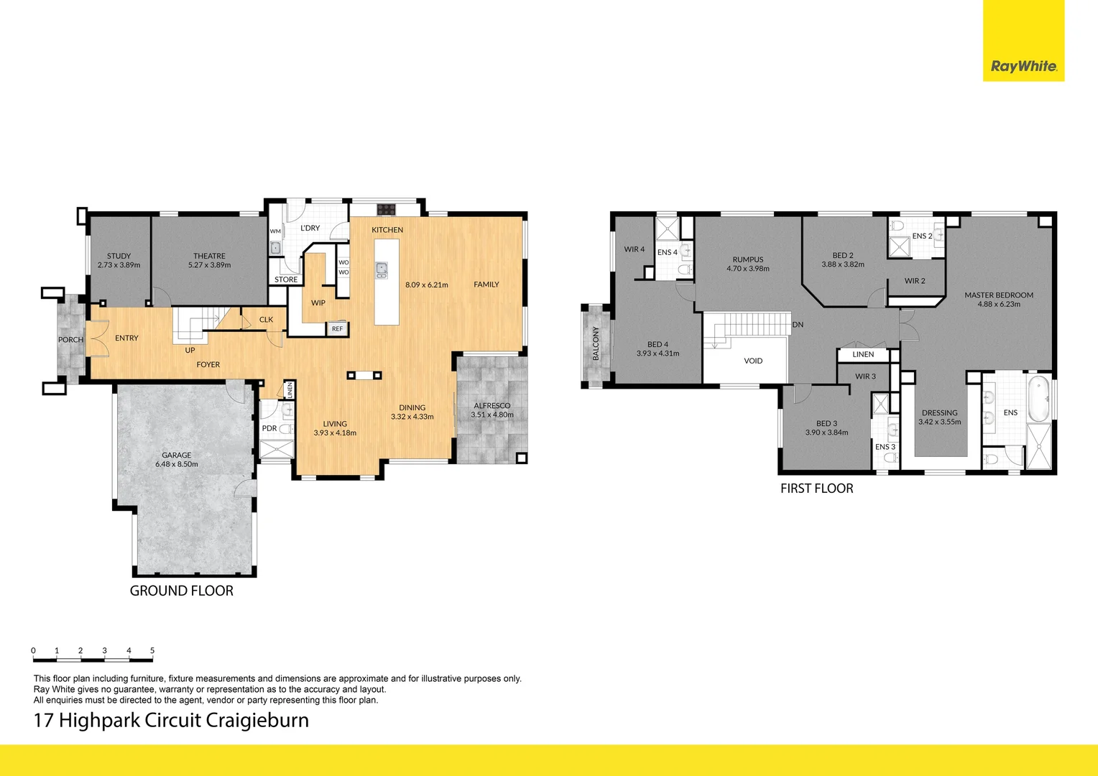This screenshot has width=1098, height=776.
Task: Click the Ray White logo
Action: (1023, 66)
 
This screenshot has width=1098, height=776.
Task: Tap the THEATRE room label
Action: (209, 256)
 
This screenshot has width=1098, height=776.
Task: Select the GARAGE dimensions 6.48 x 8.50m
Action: (177, 464)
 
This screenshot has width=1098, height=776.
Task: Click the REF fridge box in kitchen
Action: (337, 328)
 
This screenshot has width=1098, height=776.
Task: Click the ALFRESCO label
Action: (492, 405)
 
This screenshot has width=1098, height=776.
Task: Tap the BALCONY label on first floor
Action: (596, 343)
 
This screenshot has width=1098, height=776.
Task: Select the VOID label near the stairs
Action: (753, 361)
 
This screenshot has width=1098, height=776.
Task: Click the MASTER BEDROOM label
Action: (999, 295)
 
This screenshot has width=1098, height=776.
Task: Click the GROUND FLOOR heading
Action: (181, 591)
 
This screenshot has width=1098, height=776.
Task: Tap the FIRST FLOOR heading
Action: (817, 488)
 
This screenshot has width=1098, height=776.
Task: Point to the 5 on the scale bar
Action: (152, 650)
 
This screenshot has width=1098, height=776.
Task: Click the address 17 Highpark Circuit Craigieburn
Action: (171, 720)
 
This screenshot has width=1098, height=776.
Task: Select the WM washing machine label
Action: (275, 231)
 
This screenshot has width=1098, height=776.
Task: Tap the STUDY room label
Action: (119, 256)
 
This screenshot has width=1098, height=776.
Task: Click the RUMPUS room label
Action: (748, 259)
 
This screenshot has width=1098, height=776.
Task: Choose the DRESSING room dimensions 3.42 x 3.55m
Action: (939, 422)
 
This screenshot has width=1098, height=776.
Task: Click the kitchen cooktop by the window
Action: (387, 209)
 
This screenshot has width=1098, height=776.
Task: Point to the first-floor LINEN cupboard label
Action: (863, 354)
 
